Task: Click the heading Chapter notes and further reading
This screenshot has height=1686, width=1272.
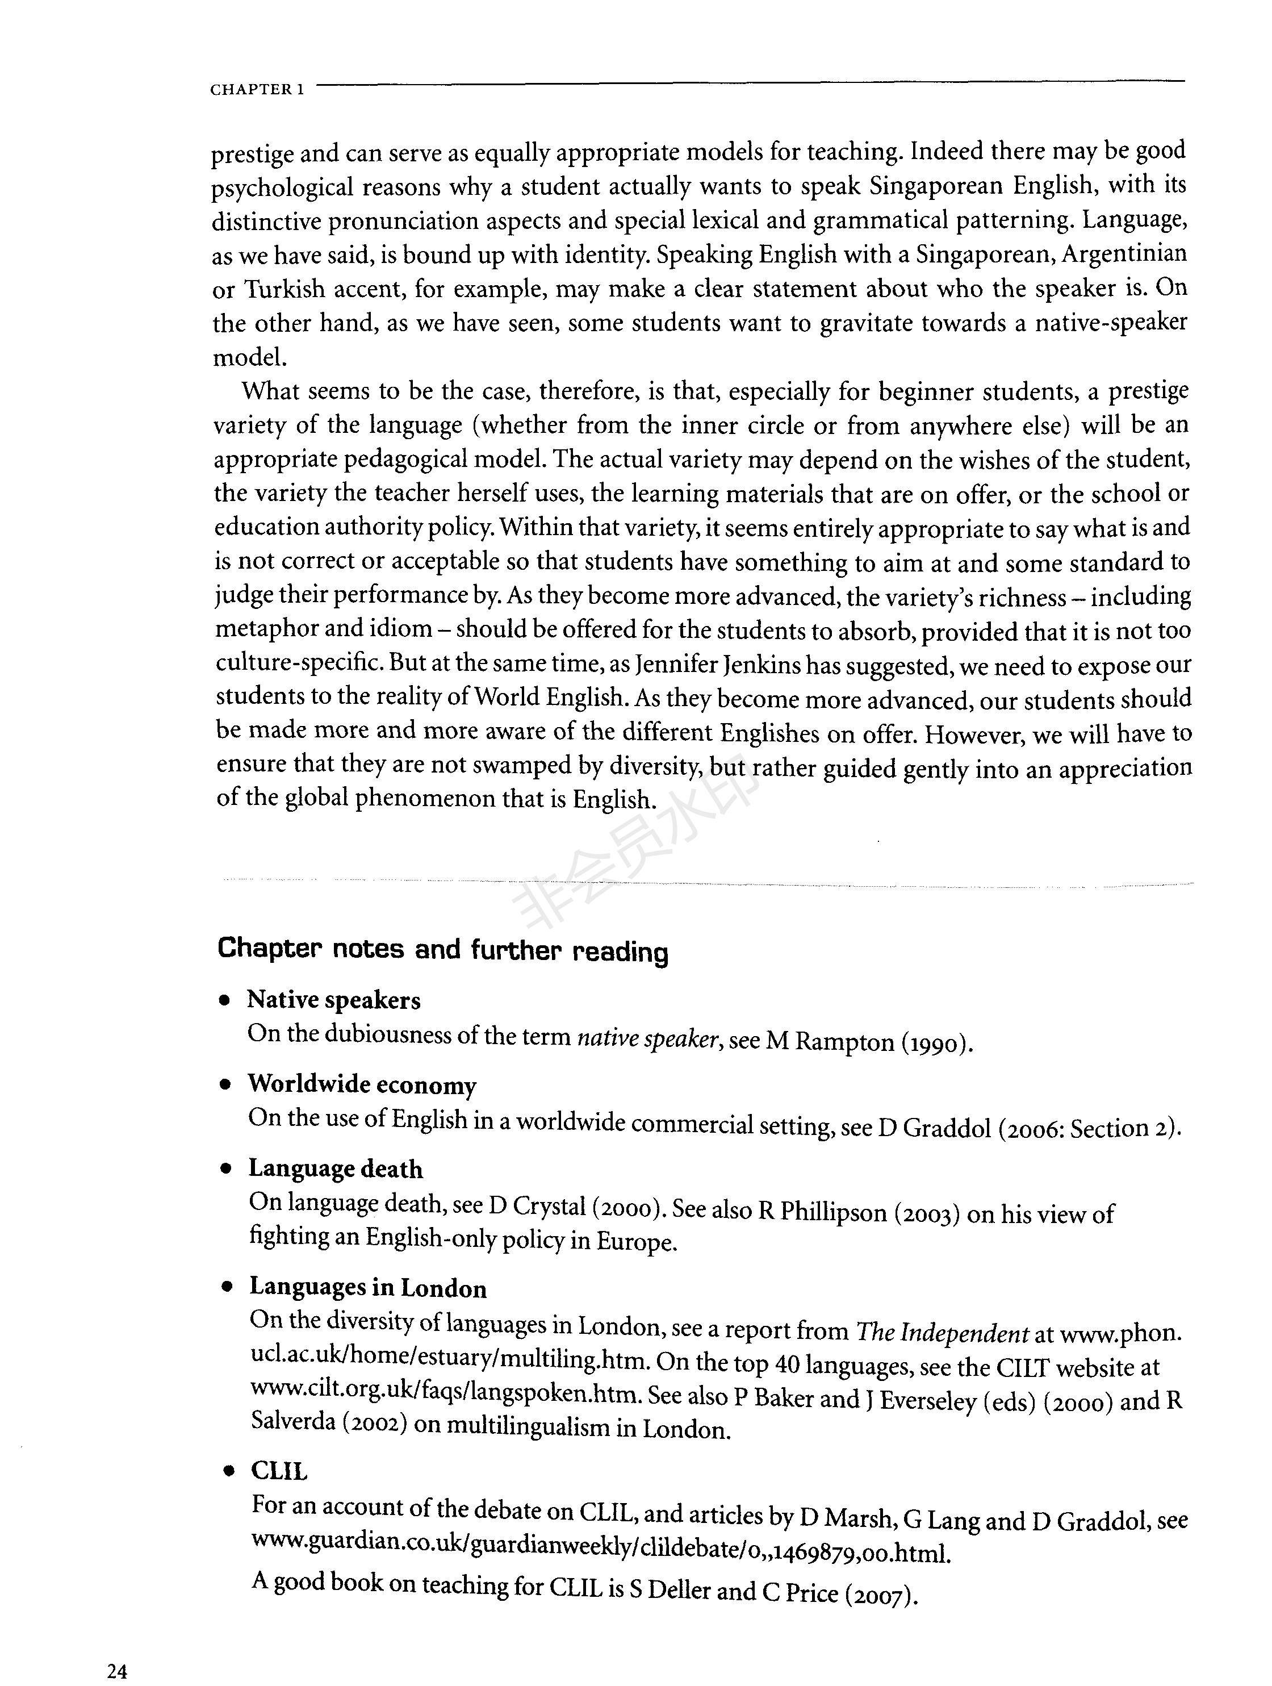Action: pyautogui.click(x=443, y=950)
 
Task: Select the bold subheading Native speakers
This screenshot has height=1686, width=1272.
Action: pyautogui.click(x=334, y=1000)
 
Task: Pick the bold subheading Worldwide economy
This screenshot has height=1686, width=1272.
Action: pyautogui.click(x=362, y=1084)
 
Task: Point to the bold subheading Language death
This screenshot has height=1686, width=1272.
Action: pyautogui.click(x=336, y=1168)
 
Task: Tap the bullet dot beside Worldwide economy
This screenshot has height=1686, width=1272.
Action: pyautogui.click(x=225, y=1086)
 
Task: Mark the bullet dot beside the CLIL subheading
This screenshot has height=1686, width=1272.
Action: pyautogui.click(x=227, y=1472)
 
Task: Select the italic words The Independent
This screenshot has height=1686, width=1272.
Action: pyautogui.click(x=942, y=1332)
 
